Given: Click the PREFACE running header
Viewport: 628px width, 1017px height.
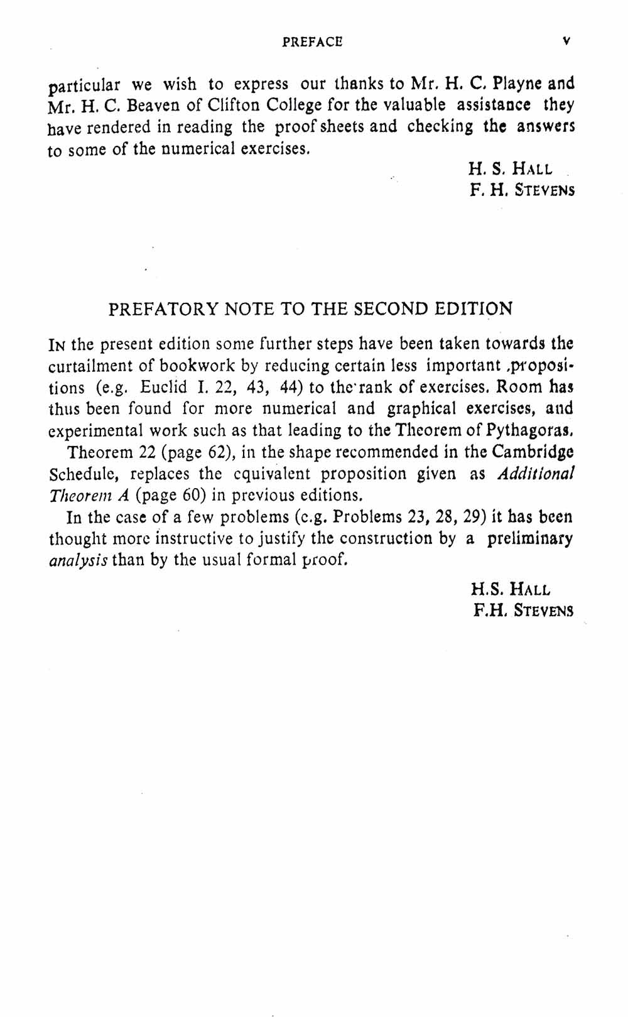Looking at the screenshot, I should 312,42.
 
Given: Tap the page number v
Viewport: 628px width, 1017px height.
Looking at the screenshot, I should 566,41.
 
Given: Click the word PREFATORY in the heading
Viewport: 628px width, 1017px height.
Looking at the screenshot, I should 163,309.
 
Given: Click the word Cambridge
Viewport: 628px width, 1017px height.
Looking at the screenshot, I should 533,452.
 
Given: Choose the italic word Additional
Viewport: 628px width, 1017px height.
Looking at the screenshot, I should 535,474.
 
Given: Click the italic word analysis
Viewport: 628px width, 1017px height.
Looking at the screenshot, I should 78,559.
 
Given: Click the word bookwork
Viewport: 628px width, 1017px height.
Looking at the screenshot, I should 195,366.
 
